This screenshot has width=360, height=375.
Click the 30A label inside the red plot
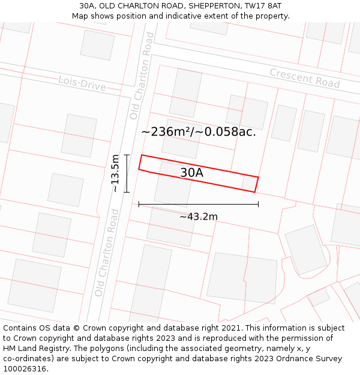pyautogui.click(x=192, y=173)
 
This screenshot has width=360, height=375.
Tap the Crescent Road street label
pyautogui.click(x=304, y=78)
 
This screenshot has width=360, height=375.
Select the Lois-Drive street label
pyautogui.click(x=82, y=83)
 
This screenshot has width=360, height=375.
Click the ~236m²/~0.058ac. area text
pyautogui.click(x=199, y=131)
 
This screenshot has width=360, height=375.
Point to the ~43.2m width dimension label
pyautogui.click(x=198, y=217)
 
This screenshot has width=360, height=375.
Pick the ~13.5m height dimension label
pyautogui.click(x=115, y=173)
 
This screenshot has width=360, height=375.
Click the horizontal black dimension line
pyautogui.click(x=198, y=205)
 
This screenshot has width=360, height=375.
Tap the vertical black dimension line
pyautogui.click(x=127, y=173)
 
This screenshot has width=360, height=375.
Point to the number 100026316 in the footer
pyautogui.click(x=26, y=369)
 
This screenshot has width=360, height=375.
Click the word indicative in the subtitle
pyautogui.click(x=181, y=16)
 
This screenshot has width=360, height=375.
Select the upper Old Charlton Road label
pyautogui.click(x=142, y=75)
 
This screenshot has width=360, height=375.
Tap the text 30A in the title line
pyautogui.click(x=87, y=5)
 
